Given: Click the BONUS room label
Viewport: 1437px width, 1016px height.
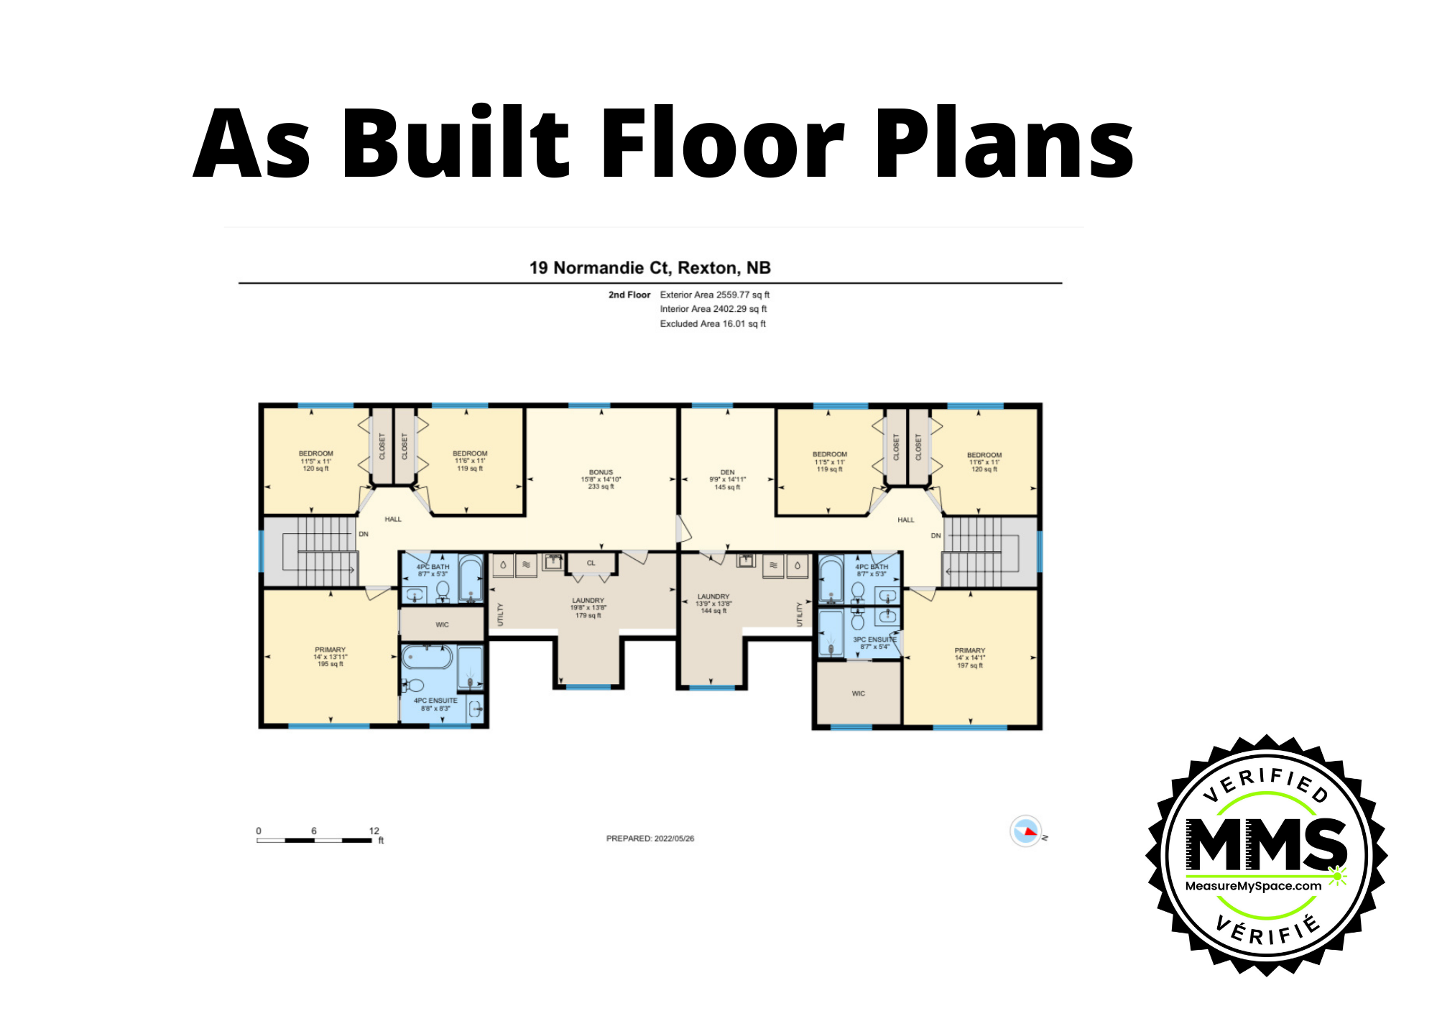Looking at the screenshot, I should click(601, 472).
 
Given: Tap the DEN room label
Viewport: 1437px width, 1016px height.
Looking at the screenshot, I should click(727, 472).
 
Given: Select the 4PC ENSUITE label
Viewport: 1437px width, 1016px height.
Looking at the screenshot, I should click(435, 701).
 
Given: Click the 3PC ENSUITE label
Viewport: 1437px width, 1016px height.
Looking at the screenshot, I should click(874, 639).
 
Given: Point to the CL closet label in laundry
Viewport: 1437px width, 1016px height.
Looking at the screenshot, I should click(591, 563).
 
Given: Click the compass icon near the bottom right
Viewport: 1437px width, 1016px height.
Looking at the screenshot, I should click(1025, 831).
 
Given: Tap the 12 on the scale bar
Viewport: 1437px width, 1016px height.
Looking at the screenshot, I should click(374, 831).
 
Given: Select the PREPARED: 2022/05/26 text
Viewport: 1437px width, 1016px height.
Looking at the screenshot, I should click(650, 839).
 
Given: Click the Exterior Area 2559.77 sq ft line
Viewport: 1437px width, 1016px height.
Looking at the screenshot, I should click(714, 295).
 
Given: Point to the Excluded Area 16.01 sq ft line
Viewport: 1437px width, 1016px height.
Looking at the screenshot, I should click(712, 324).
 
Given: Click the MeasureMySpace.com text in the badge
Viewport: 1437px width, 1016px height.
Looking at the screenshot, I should click(1253, 886).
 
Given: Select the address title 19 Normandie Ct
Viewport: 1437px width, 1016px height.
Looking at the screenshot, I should click(650, 268).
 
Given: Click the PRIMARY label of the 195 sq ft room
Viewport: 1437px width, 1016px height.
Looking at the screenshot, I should click(330, 650).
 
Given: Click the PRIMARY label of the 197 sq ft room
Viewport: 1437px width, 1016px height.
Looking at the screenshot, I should click(969, 650).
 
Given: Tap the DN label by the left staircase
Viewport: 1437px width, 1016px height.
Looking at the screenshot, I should click(364, 534).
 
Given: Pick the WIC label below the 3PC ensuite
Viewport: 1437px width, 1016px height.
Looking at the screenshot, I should click(858, 693).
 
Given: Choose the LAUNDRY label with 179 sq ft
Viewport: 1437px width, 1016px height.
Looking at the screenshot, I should click(588, 601).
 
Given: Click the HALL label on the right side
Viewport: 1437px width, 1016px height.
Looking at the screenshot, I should click(905, 519).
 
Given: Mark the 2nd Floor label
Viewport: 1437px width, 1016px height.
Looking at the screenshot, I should click(629, 295).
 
